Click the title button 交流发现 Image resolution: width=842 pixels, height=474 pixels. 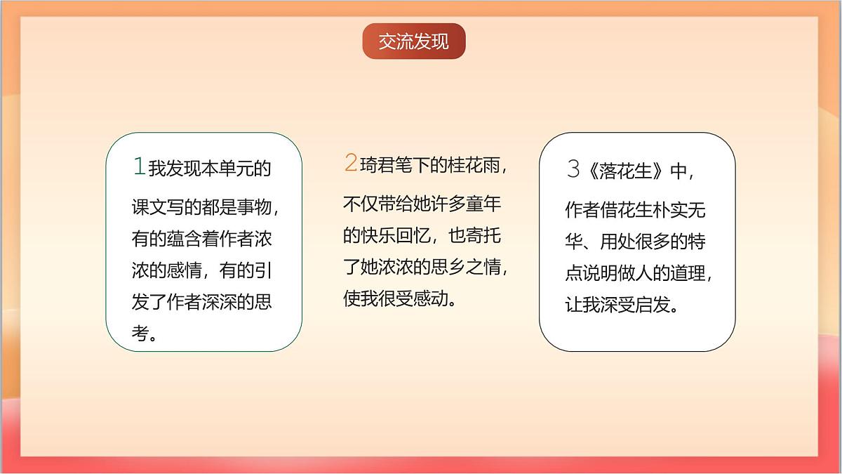pos(414,41)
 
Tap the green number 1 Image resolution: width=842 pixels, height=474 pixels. pos(139,167)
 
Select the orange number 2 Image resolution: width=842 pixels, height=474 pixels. pos(350,164)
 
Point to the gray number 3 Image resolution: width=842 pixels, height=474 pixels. pos(573,169)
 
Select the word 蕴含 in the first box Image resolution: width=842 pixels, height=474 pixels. pos(185,239)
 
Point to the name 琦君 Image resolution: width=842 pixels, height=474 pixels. pos(377,166)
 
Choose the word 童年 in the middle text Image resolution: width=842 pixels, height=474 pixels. pos(484,204)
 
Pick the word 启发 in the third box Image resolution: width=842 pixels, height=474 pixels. pos(653,305)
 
